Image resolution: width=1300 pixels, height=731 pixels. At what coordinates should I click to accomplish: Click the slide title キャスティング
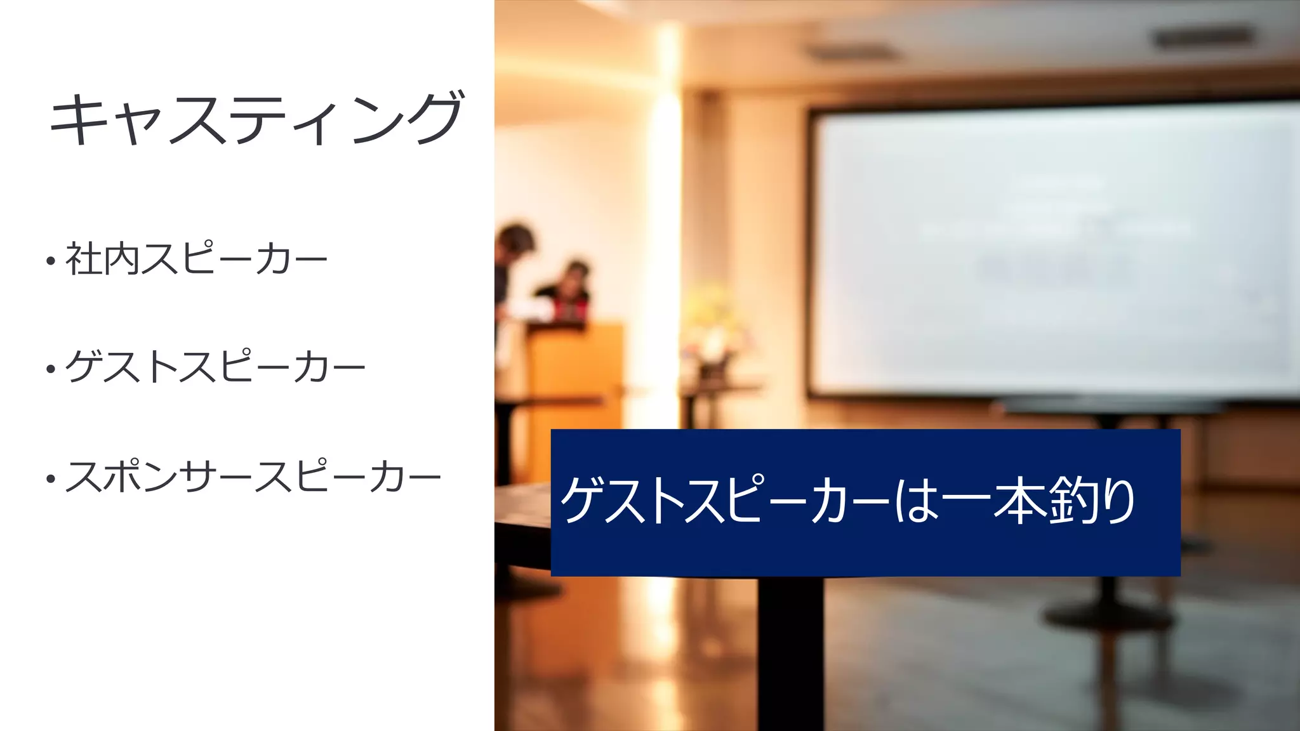click(x=256, y=118)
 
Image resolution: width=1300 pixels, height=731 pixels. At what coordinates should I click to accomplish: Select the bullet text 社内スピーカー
click(x=196, y=259)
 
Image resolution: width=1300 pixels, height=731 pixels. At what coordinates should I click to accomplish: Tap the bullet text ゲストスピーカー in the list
click(x=215, y=367)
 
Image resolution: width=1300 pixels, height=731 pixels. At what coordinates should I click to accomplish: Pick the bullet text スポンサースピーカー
click(x=253, y=477)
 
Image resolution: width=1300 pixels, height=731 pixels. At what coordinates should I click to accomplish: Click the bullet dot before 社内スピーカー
click(x=51, y=261)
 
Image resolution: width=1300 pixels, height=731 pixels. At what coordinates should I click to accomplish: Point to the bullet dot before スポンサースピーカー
click(x=51, y=478)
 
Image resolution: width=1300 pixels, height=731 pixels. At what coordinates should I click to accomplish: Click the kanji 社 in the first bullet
click(x=83, y=259)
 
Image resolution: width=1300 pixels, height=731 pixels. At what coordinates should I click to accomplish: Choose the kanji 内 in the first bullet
click(x=121, y=259)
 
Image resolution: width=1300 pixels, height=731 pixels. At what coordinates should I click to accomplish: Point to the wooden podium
click(x=571, y=374)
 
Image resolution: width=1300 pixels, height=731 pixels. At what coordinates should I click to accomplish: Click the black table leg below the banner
click(x=790, y=654)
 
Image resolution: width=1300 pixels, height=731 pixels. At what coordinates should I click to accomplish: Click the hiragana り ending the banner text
click(x=1119, y=501)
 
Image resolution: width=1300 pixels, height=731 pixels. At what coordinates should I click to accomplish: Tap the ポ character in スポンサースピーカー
click(x=122, y=477)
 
